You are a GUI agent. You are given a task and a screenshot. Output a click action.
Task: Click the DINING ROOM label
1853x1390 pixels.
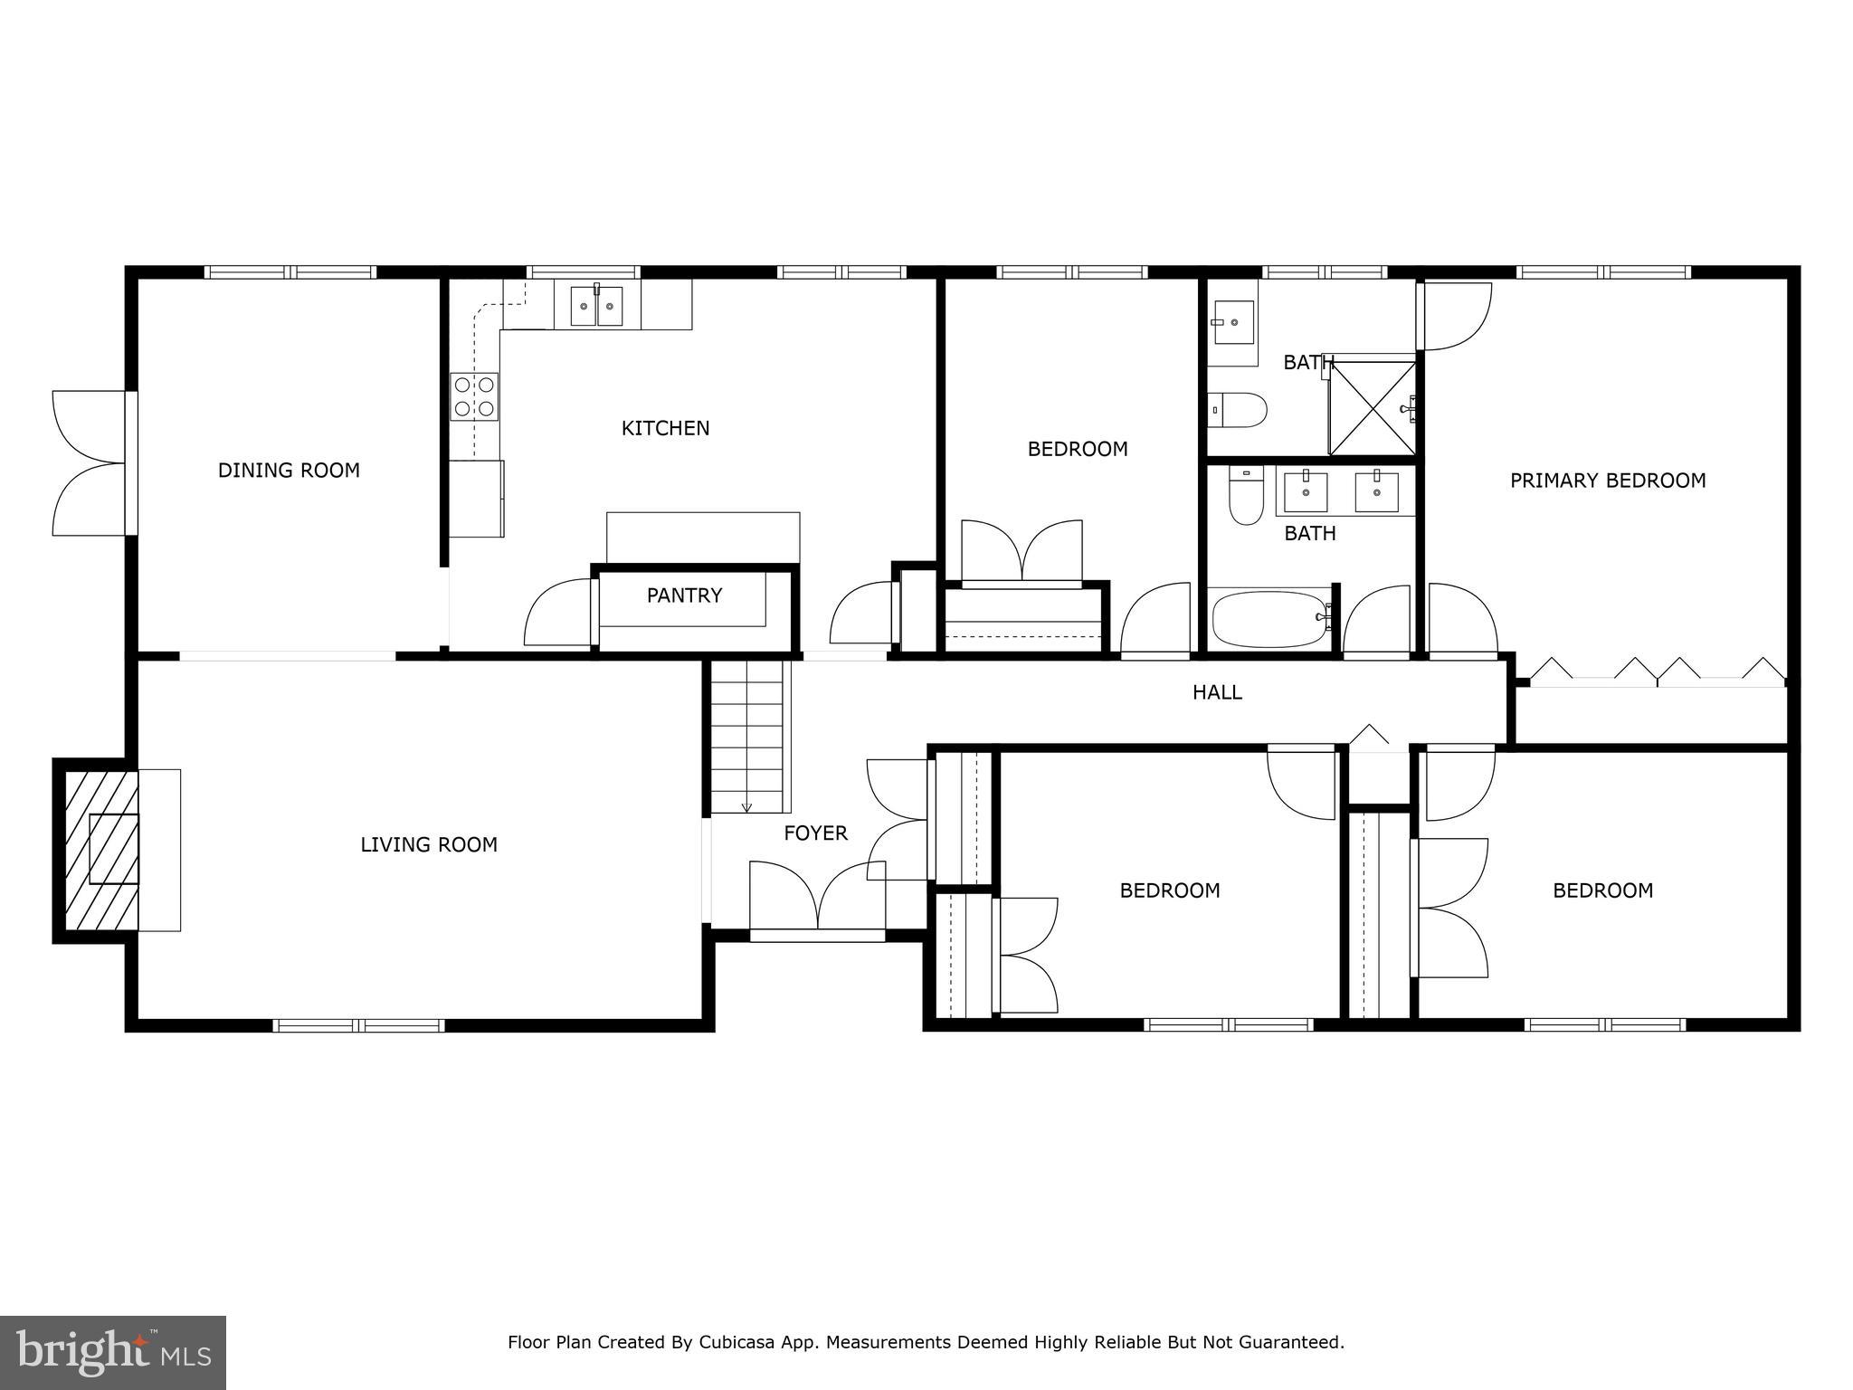(x=289, y=471)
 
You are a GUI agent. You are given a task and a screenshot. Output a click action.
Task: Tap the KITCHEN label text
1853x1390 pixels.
(x=665, y=428)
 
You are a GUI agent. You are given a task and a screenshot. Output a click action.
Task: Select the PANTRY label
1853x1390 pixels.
(x=684, y=595)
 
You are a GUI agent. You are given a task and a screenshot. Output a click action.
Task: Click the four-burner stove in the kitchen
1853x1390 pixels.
(x=475, y=397)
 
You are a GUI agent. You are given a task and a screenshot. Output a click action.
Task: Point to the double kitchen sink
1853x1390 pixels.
(x=597, y=306)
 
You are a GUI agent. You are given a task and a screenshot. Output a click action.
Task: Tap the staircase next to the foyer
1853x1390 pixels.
(x=746, y=738)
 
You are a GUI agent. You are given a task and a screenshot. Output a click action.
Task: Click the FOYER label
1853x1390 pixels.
(x=815, y=833)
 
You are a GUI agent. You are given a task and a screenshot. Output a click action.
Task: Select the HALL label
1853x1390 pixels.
(x=1217, y=693)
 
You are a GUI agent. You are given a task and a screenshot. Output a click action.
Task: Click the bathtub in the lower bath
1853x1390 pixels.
(x=1269, y=619)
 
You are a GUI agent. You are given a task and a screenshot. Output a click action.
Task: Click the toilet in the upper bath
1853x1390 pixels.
(x=1239, y=410)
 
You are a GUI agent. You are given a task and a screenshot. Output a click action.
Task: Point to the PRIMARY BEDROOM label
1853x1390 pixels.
(x=1608, y=481)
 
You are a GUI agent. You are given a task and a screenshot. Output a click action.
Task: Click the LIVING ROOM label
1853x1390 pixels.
(x=429, y=845)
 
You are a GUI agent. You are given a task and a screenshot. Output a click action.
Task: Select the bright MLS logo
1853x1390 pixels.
(x=112, y=1352)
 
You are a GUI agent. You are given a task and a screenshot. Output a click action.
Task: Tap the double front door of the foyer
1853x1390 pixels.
(x=817, y=899)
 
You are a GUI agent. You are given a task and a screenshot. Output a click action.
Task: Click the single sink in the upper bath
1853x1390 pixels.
(x=1232, y=323)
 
